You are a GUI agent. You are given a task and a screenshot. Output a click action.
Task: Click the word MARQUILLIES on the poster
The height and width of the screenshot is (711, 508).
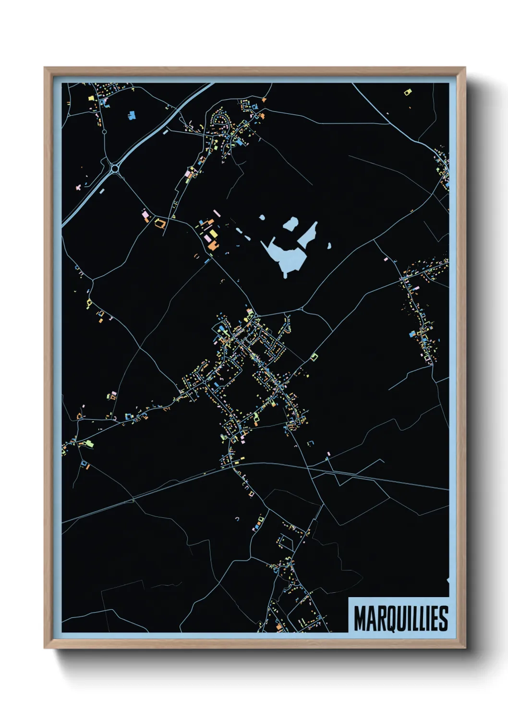pos(401,618)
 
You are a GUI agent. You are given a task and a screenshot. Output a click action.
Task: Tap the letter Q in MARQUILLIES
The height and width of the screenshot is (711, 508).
pos(389,619)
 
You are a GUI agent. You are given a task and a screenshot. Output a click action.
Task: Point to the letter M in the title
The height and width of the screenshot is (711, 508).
pos(360,618)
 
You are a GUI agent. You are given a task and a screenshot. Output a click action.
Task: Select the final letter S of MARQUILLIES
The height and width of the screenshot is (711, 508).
pos(443,618)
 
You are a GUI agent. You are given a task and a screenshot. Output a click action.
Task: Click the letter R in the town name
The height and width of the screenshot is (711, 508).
pos(379,618)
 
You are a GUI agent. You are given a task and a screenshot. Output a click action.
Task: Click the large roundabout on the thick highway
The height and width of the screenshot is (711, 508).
pos(115,168)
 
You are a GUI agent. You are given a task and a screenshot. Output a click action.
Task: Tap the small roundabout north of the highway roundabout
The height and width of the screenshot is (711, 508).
pos(104,131)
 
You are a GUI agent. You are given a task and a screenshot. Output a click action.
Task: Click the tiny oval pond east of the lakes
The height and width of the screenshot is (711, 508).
pos(329,246)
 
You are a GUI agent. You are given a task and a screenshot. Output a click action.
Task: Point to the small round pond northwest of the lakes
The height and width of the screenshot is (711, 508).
pos(262,218)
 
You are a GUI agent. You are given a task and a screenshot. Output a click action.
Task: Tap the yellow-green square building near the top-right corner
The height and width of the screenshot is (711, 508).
pos(408,91)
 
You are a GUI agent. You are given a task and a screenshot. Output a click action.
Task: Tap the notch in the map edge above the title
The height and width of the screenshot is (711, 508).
pos(448,581)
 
